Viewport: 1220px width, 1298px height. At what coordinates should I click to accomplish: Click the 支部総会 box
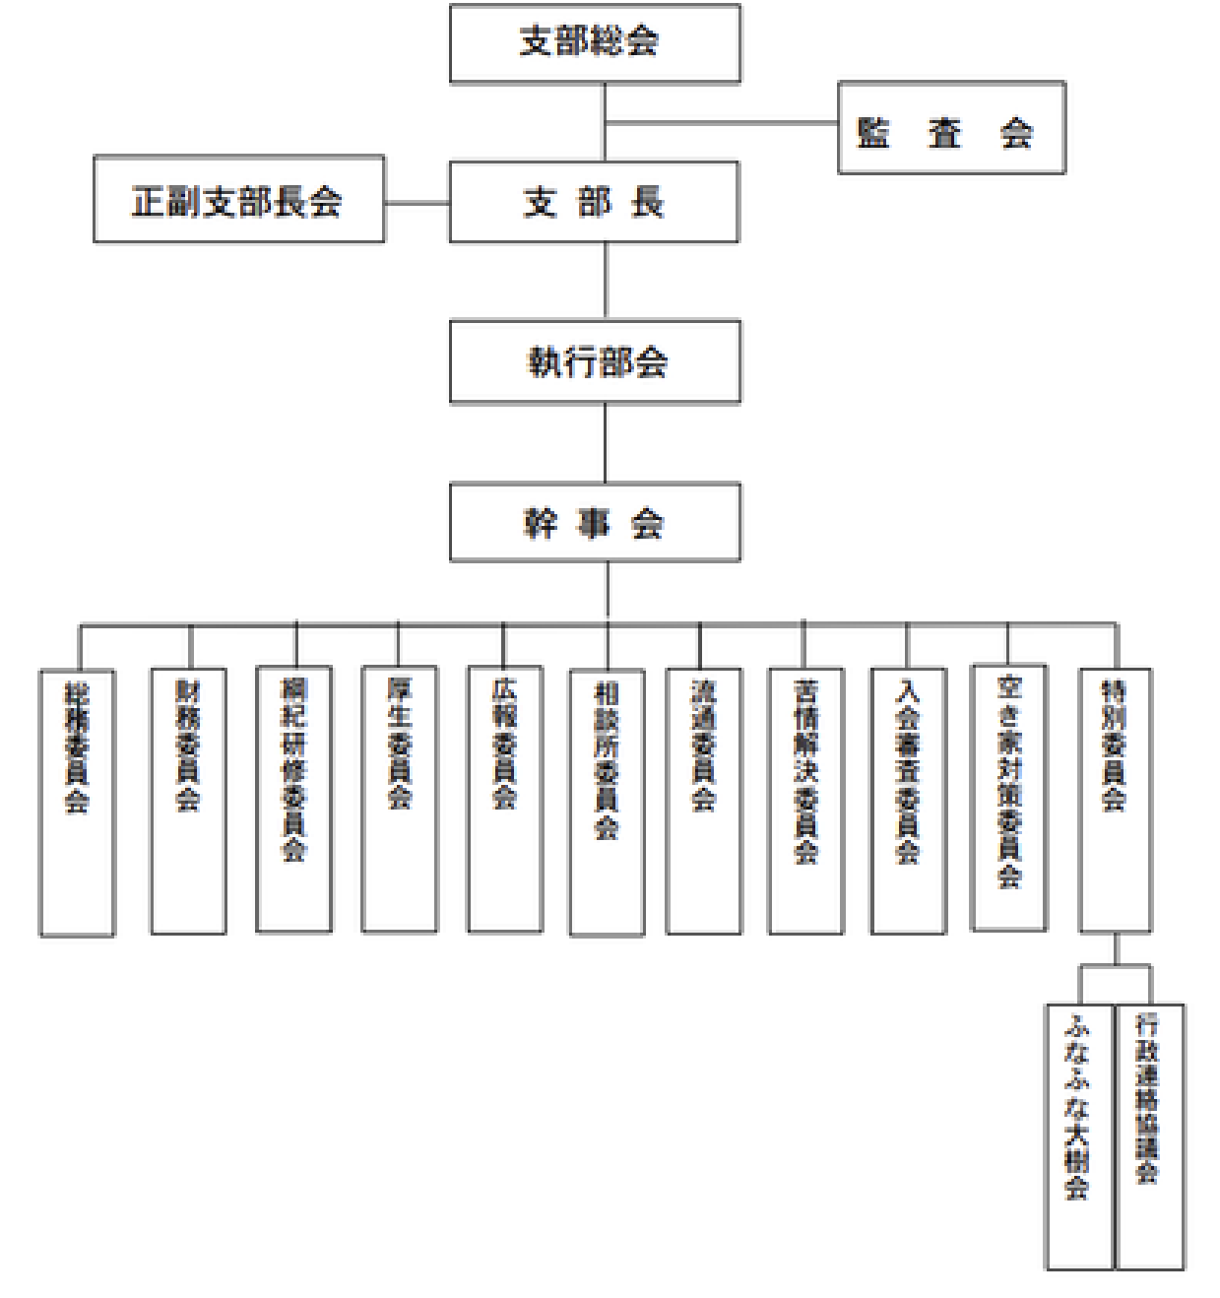[595, 43]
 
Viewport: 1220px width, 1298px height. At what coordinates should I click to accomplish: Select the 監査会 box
[951, 128]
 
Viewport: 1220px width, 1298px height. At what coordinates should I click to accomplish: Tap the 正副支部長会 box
[238, 200]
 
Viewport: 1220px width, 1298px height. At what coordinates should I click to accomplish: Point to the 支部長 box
[594, 203]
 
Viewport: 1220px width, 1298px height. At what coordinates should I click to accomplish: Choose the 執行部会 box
[595, 362]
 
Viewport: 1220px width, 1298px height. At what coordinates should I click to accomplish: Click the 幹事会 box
[595, 523]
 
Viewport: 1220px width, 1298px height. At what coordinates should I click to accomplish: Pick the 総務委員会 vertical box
[77, 803]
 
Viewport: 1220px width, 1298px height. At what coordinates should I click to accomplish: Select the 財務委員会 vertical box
[188, 801]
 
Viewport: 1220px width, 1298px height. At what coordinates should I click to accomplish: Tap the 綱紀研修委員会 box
[293, 800]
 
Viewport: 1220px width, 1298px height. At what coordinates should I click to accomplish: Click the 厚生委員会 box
[399, 800]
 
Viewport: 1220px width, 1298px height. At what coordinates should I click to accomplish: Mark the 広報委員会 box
[504, 800]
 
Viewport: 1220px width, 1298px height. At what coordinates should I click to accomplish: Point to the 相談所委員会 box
[607, 803]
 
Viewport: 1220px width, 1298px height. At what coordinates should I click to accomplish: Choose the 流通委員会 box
[703, 801]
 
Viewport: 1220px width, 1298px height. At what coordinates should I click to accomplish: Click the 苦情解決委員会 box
[805, 801]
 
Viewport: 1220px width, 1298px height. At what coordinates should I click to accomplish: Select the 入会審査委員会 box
[908, 801]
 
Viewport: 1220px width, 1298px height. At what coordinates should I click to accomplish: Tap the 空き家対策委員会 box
[1008, 798]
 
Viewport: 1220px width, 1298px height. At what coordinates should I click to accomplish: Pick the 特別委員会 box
[1115, 800]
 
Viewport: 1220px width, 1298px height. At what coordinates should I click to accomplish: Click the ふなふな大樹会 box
[1079, 1137]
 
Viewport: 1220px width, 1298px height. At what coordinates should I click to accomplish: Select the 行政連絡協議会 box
[1150, 1137]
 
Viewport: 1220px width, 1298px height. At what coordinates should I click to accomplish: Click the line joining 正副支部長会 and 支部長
[417, 204]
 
